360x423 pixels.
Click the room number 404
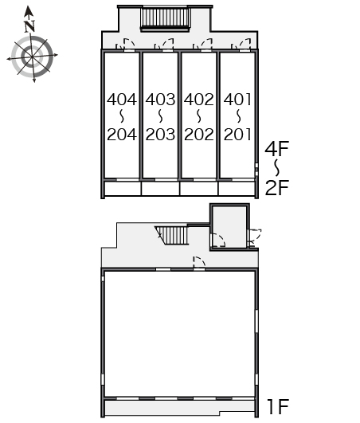click(122, 100)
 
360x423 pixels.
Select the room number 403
click(160, 100)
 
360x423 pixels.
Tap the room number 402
click(199, 100)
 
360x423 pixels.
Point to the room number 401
click(237, 100)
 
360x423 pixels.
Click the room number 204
click(122, 135)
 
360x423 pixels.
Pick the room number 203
click(160, 135)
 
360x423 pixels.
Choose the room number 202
click(199, 135)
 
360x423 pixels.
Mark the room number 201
click(237, 135)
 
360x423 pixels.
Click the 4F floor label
click(277, 149)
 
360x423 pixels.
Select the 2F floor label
click(277, 187)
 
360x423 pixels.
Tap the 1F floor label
click(278, 406)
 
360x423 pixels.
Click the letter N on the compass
click(29, 26)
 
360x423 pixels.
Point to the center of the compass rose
click(33, 57)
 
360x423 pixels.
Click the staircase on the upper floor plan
click(166, 18)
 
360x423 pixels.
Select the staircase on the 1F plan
click(172, 235)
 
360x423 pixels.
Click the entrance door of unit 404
click(129, 45)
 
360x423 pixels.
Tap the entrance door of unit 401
click(245, 45)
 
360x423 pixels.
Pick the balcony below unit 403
click(160, 188)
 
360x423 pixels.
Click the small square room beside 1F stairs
click(229, 227)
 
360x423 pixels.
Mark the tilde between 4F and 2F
click(276, 168)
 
